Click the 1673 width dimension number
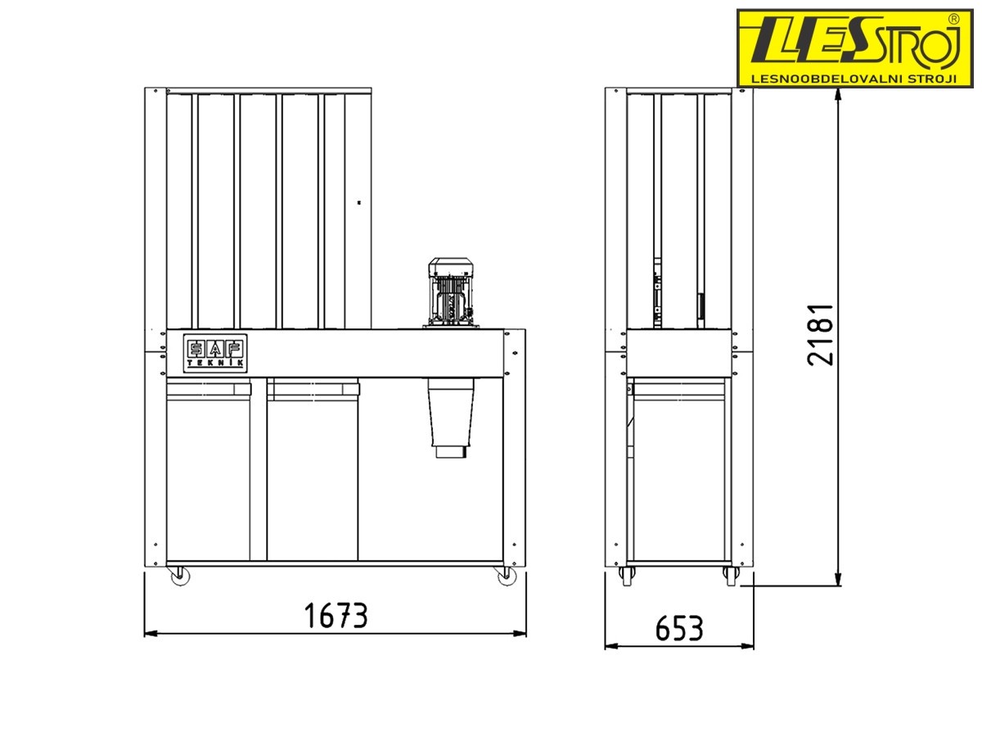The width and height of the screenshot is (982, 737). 336,615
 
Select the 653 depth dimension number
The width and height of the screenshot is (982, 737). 678,628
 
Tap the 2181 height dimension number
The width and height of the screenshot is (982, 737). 821,335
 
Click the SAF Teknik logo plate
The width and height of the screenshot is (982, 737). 215,353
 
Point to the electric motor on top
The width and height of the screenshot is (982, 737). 451,292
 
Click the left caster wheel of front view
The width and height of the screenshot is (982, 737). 180,576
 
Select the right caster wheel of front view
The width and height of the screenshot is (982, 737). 506,576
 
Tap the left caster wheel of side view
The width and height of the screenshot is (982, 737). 626,576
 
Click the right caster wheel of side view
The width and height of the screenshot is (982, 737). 731,576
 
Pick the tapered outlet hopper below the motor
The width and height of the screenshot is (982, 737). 451,412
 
